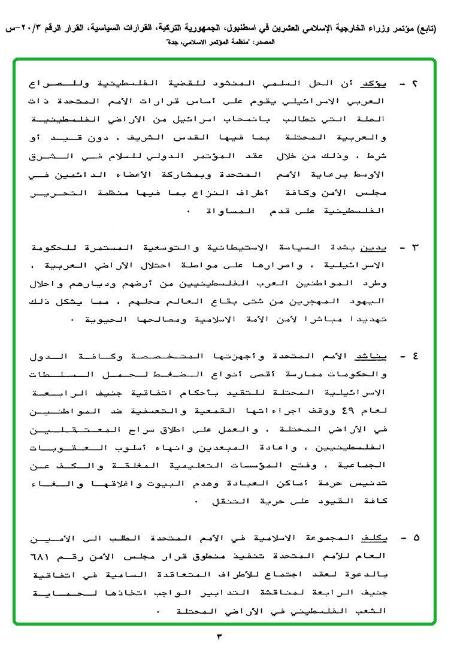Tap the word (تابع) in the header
(x=426, y=29)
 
